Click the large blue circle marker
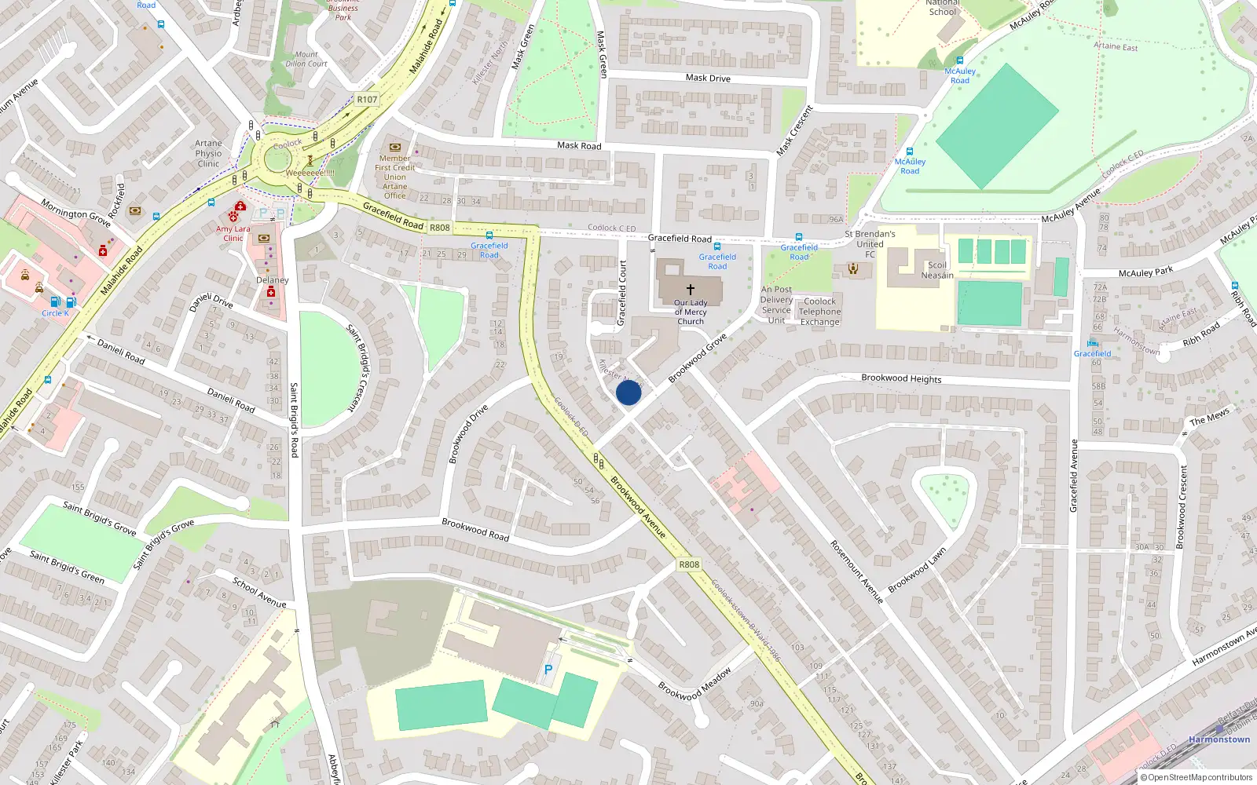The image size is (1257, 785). coord(628,392)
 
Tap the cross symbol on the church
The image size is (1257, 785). coord(691,290)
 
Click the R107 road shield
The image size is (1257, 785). coord(367,100)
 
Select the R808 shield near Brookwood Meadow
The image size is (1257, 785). coord(688,564)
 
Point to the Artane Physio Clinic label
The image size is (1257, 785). coord(209,154)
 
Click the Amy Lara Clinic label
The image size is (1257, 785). coord(233,234)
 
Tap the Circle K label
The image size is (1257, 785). coord(55,313)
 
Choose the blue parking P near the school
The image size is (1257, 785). coord(548,670)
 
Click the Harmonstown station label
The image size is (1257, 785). coord(1219,739)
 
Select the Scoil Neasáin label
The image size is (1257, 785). coord(937,270)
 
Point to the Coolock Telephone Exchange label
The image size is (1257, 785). coord(819,312)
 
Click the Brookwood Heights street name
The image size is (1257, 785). coord(901,378)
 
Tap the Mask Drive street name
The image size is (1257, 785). coord(708,78)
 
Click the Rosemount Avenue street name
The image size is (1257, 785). coord(857,571)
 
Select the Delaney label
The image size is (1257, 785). coord(273,280)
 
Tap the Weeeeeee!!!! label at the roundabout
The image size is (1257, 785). coord(310,173)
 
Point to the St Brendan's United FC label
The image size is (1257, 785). coord(870,244)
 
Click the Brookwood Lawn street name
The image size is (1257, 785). coord(917,571)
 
